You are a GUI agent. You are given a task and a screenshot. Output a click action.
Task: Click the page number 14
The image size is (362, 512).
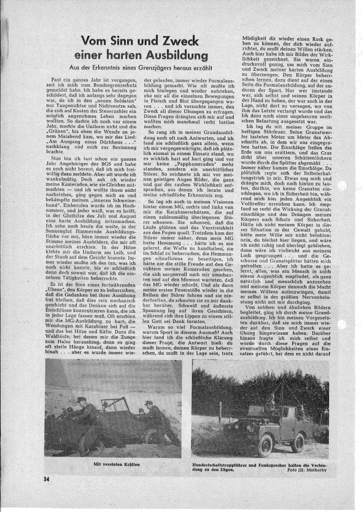coord(47,479)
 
